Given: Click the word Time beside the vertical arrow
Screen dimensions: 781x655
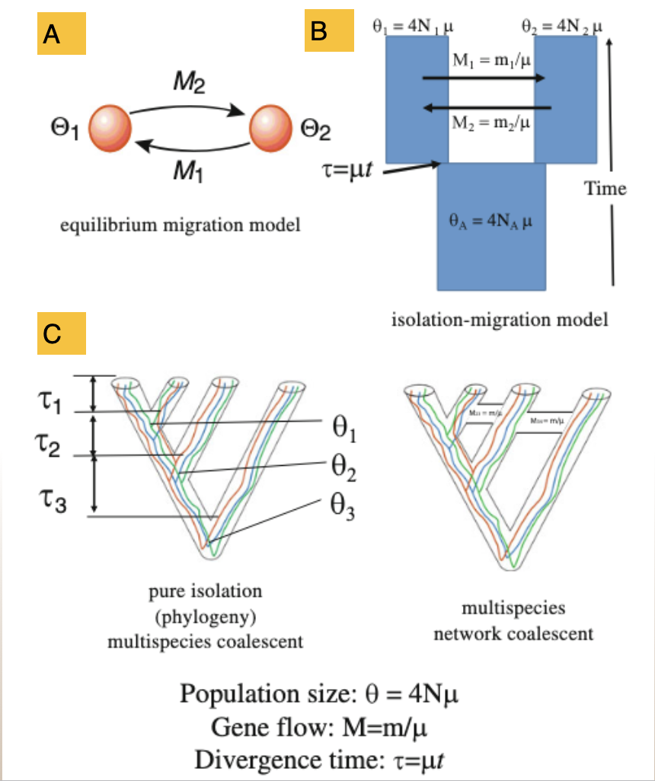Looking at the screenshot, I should [x=605, y=188].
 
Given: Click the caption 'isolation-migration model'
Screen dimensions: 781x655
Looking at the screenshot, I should [x=500, y=320].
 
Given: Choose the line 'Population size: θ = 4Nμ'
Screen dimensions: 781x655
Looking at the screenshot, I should [x=319, y=694].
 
